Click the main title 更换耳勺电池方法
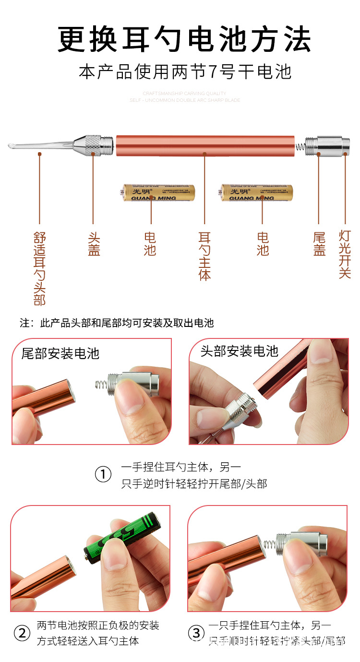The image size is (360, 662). pos(185,39)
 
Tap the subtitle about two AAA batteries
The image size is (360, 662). pos(185,72)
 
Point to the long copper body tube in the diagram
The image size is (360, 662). pos(205,145)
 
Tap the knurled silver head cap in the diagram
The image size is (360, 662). pos(94,144)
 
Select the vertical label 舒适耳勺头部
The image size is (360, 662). pos(39,268)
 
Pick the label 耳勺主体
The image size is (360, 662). pos(205,256)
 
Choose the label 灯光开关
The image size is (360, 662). pos(345,254)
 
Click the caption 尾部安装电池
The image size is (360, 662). pos(60,354)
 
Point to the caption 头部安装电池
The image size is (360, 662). pos(240,351)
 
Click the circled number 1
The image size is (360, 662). pos(103,475)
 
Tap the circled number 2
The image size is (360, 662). pos(22,633)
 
